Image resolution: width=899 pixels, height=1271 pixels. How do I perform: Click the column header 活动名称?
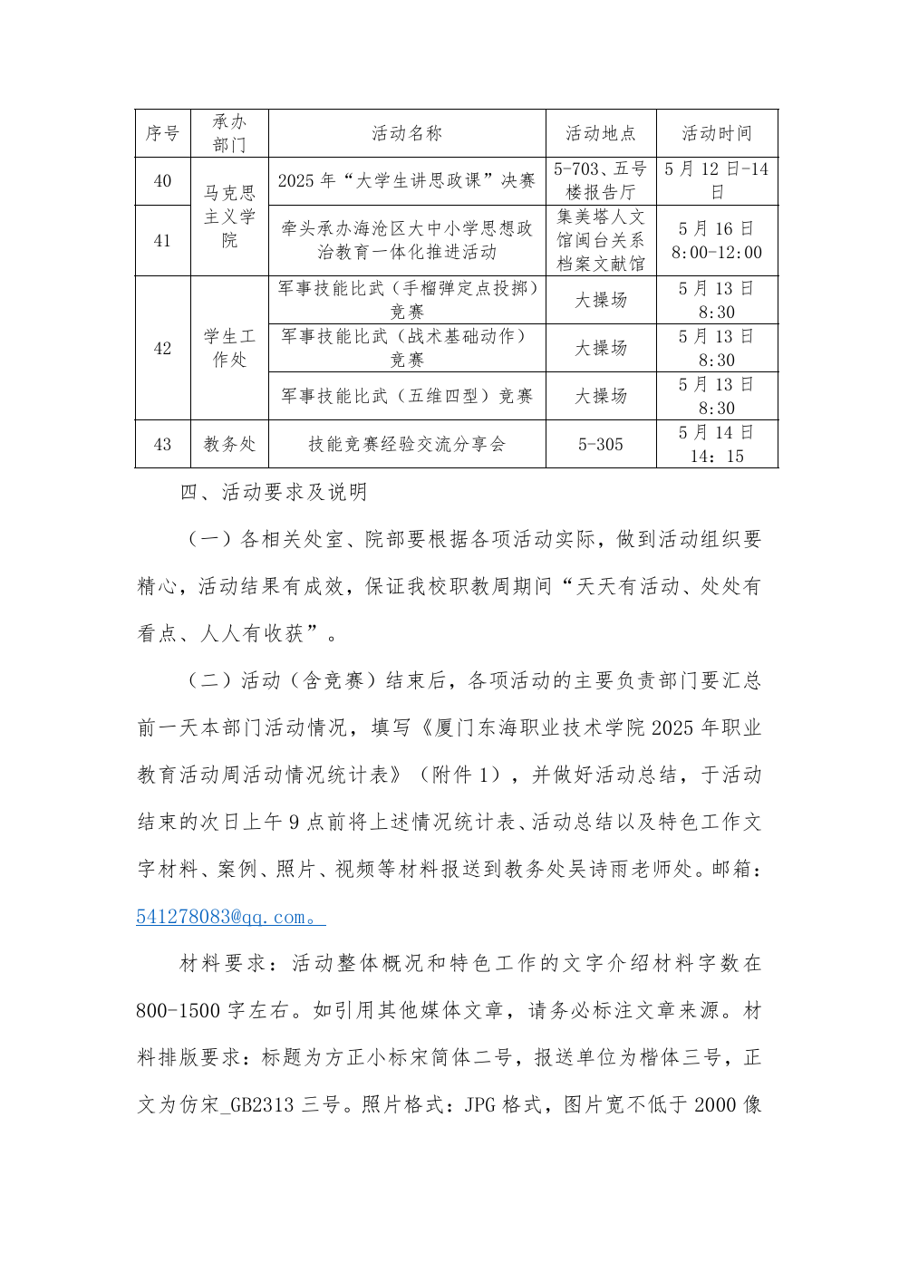pos(407,133)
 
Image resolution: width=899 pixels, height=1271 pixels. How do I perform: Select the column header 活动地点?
pos(601,133)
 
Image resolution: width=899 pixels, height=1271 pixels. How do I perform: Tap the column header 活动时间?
pos(717,133)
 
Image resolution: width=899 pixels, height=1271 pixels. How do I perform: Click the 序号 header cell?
pos(163,133)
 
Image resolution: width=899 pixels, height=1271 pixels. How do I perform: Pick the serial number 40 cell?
pos(163,181)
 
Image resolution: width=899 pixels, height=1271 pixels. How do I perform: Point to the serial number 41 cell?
pos(163,241)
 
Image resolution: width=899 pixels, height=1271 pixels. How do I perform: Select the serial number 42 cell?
pos(163,348)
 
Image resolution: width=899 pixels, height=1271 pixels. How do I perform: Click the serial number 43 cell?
pos(163,444)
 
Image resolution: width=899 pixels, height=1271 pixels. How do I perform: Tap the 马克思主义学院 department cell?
pos(229,217)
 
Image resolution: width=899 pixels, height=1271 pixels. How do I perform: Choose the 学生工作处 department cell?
pos(229,348)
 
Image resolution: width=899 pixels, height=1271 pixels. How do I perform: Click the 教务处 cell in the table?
pos(229,444)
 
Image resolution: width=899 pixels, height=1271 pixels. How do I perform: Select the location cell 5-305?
pos(601,444)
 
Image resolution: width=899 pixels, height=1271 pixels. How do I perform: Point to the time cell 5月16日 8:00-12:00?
pos(717,241)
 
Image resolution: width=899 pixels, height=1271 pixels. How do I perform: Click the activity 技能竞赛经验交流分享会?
pos(407,444)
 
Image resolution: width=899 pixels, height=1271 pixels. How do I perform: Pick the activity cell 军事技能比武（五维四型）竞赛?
pos(407,396)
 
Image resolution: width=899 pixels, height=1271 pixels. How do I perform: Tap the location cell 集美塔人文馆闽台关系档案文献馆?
pos(601,241)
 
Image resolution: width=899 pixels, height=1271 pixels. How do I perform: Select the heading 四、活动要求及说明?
pos(274,492)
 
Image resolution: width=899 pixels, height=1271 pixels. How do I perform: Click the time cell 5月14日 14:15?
pos(717,444)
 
